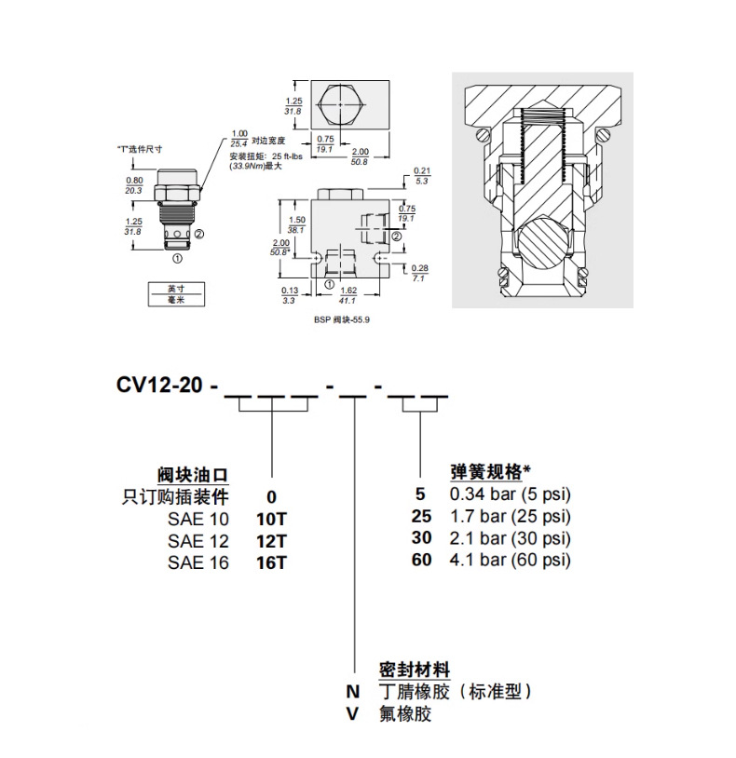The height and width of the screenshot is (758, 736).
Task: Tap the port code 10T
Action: point(271,517)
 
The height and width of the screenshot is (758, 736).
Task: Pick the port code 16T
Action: point(271,561)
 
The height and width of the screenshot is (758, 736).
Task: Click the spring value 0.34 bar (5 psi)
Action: point(509,495)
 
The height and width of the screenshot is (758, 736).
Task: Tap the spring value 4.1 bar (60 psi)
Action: point(509,561)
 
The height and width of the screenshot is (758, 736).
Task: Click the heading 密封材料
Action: point(415,670)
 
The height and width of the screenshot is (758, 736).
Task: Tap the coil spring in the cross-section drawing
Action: point(542,144)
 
